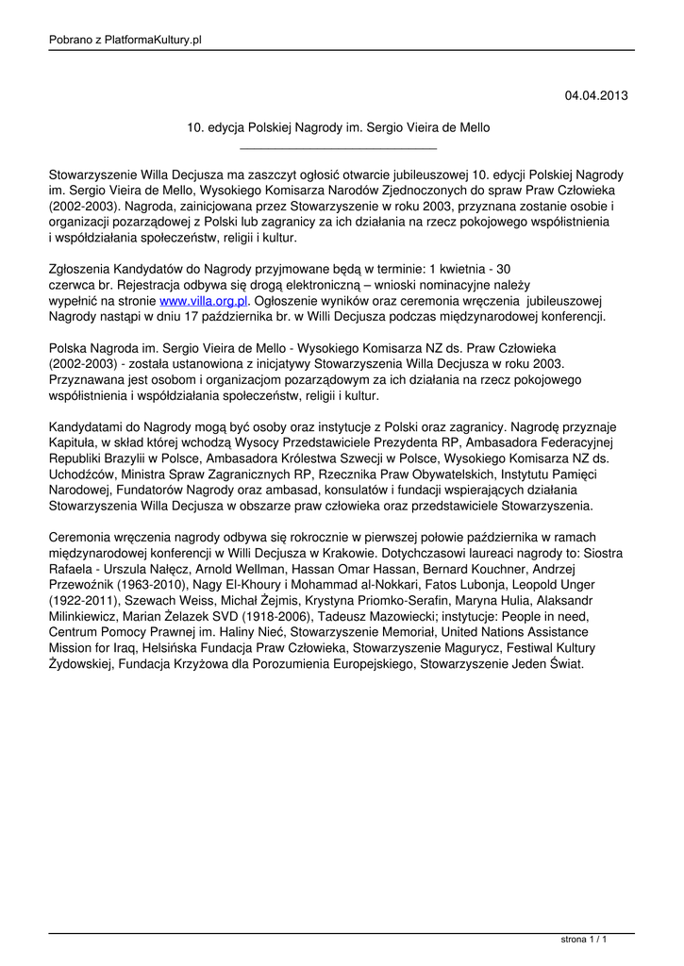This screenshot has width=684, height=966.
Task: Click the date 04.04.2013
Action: pyautogui.click(x=595, y=96)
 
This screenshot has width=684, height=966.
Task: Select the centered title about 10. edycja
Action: pyautogui.click(x=339, y=127)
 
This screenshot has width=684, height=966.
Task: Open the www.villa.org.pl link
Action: pyautogui.click(x=204, y=301)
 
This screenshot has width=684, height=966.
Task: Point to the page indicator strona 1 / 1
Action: pyautogui.click(x=583, y=940)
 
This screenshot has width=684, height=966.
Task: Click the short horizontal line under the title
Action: pyautogui.click(x=339, y=149)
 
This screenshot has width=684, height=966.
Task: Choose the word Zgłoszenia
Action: pyautogui.click(x=84, y=269)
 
